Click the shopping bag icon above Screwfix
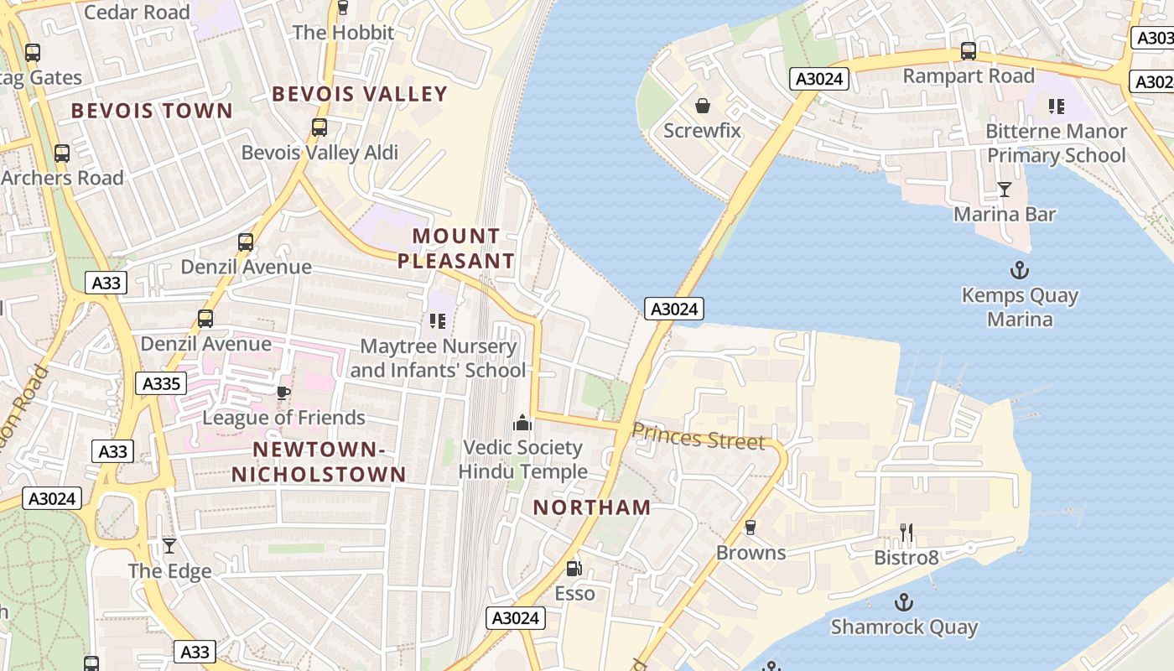click(x=703, y=106)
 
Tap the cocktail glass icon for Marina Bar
click(x=1004, y=189)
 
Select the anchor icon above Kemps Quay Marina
click(x=1020, y=270)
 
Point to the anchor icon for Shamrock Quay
click(x=903, y=601)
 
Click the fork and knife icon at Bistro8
click(x=906, y=532)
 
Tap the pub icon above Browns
click(x=751, y=528)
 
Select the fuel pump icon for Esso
click(x=574, y=568)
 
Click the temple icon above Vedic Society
click(x=522, y=422)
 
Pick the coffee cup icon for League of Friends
click(x=283, y=393)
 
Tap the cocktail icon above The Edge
click(x=169, y=546)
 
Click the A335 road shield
click(x=160, y=384)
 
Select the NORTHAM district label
click(x=592, y=507)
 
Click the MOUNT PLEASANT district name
click(x=456, y=248)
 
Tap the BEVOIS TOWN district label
click(x=152, y=111)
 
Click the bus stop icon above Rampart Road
click(x=969, y=51)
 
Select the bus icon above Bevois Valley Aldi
click(x=319, y=127)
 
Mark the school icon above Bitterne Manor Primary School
click(x=1056, y=107)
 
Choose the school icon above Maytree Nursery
click(x=437, y=321)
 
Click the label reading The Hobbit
click(x=343, y=33)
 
